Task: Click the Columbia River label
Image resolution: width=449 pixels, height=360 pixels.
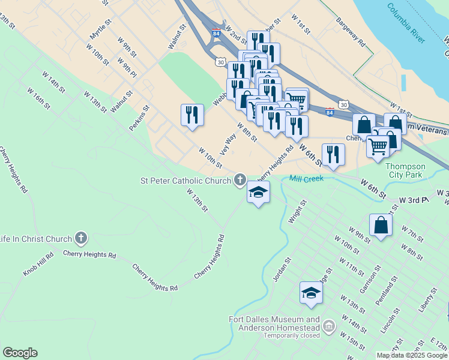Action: click(406, 24)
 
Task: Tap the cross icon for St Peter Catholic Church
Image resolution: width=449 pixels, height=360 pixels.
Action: click(240, 179)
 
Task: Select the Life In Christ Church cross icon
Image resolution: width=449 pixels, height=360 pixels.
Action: click(82, 239)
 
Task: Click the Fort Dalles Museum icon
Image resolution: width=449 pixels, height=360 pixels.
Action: click(328, 326)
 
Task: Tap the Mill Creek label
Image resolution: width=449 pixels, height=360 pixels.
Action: click(306, 178)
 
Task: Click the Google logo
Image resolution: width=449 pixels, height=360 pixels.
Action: click(20, 353)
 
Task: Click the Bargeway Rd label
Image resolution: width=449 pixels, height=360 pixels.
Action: click(351, 33)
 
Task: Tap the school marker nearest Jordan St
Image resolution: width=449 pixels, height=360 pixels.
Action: click(311, 293)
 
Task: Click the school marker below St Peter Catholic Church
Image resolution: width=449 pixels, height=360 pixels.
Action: click(258, 192)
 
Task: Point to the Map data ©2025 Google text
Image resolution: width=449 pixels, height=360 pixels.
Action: click(412, 355)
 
